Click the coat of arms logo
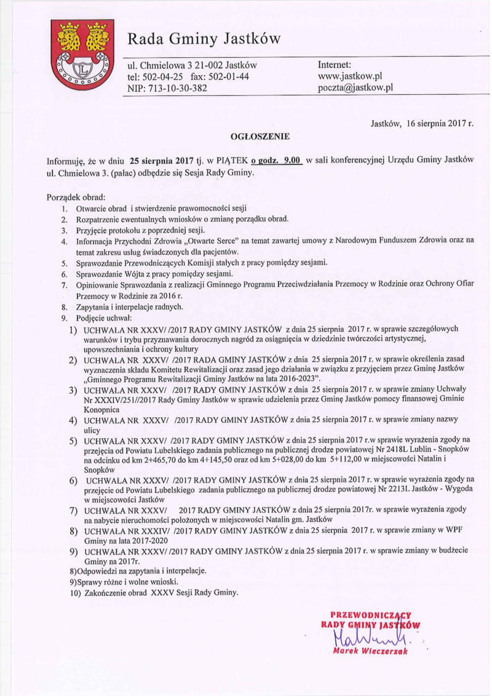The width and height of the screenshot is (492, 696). [x=84, y=55]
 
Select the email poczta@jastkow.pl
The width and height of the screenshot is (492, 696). [x=355, y=88]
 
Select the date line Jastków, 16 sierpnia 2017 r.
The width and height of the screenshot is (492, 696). [x=421, y=123]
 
